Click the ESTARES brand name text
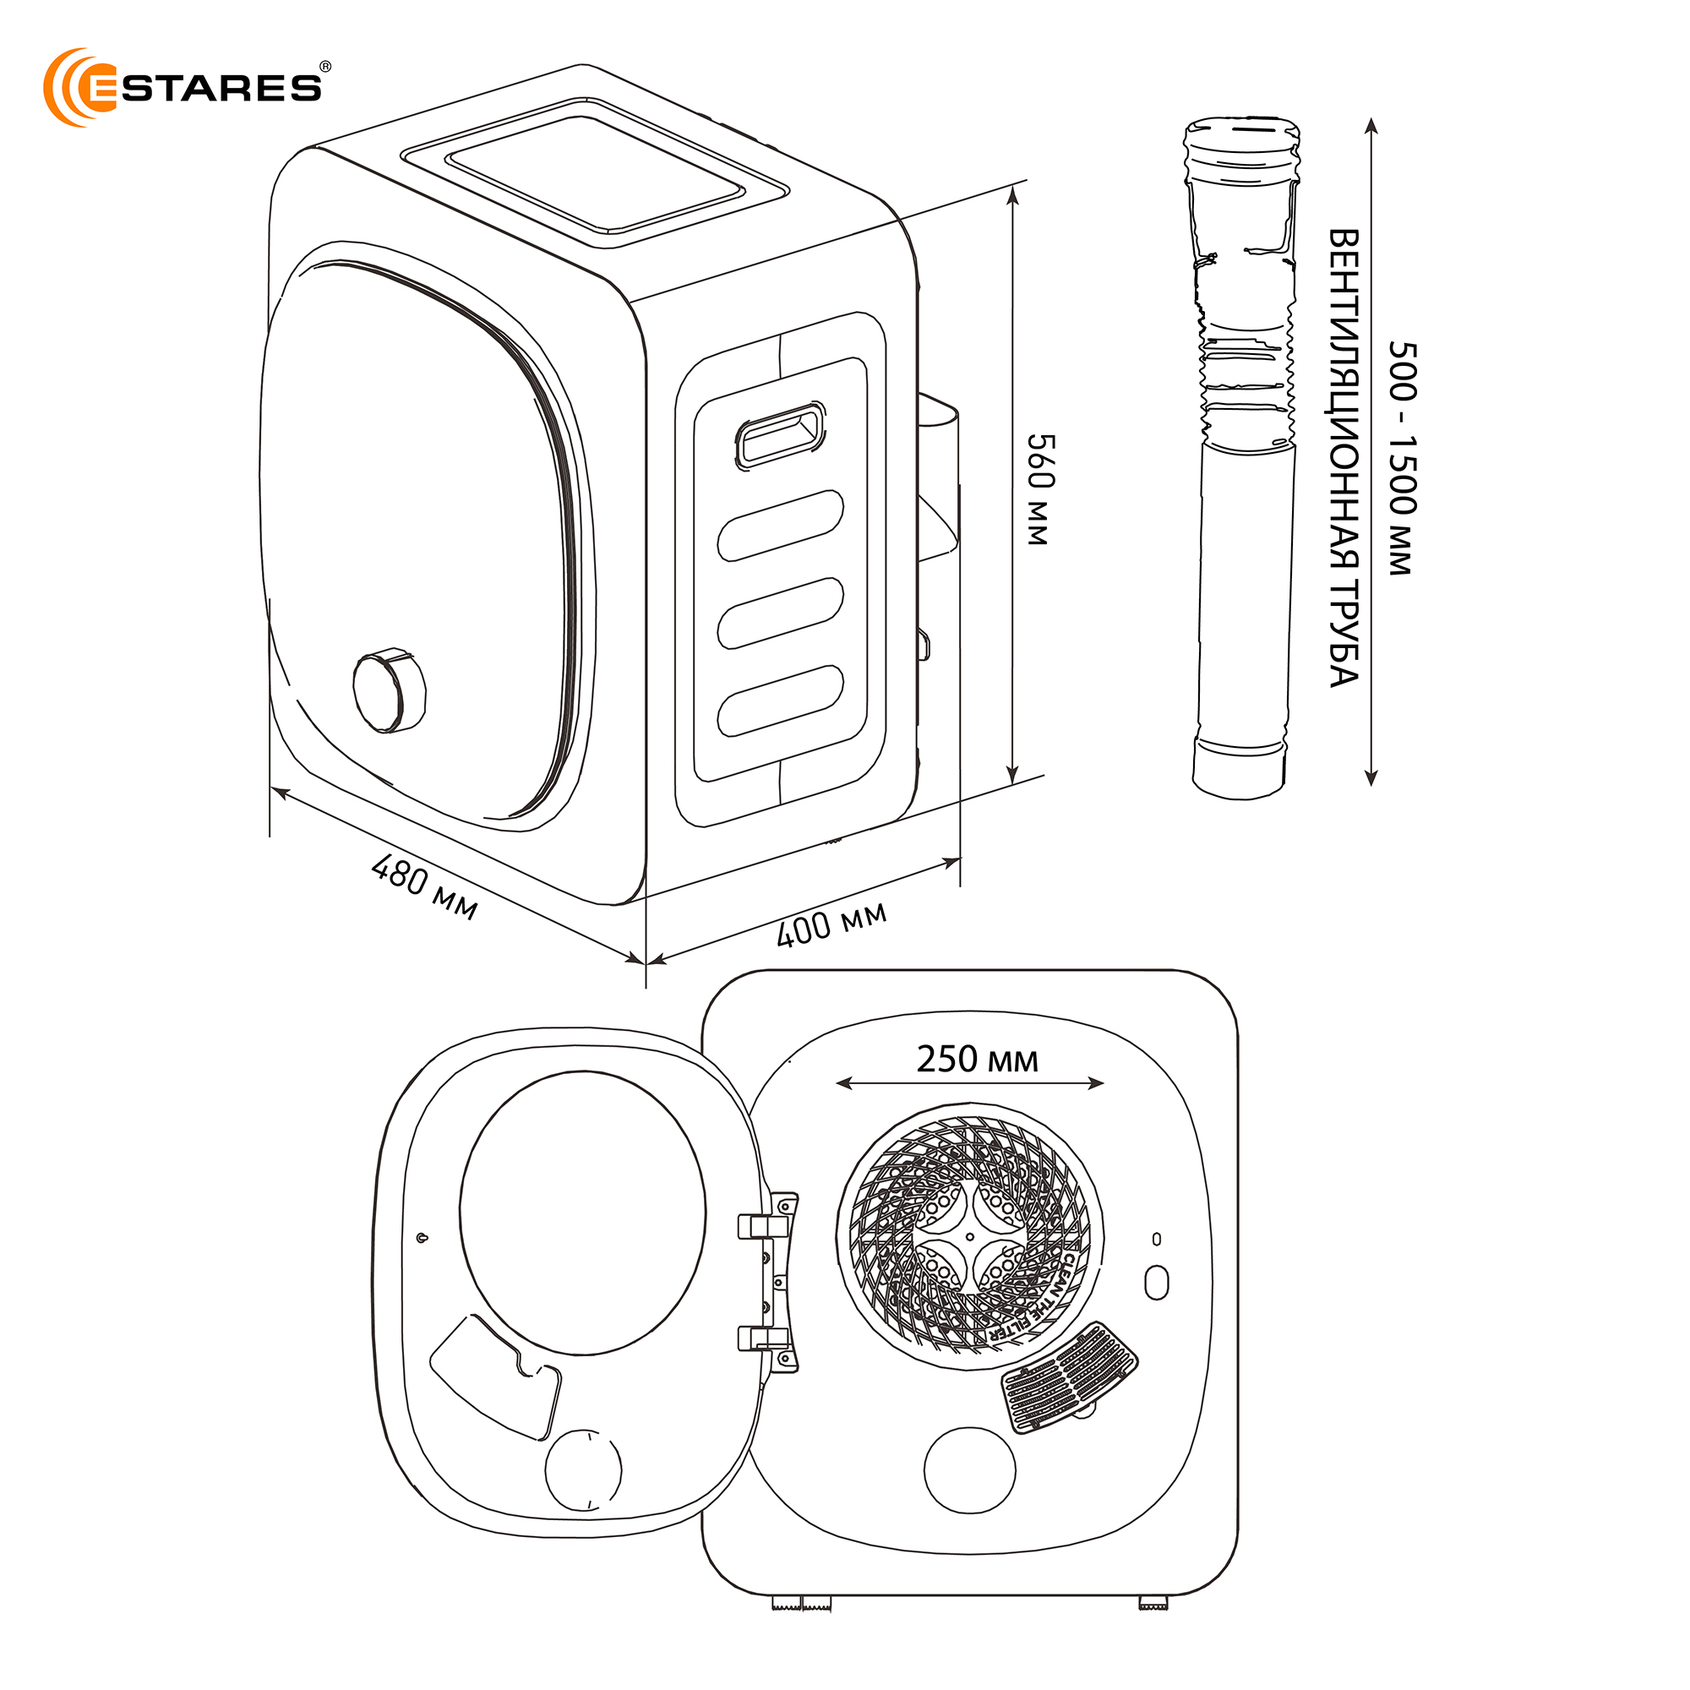(221, 89)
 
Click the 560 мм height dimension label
(1040, 489)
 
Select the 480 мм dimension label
(425, 887)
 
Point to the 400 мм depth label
(831, 923)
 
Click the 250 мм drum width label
(977, 1060)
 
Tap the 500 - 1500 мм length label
(1401, 458)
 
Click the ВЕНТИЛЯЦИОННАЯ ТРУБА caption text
(1344, 458)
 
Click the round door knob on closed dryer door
(389, 691)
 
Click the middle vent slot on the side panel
(780, 613)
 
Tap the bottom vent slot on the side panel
(780, 701)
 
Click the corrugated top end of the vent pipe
(1241, 149)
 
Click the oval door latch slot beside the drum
(1157, 1283)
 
